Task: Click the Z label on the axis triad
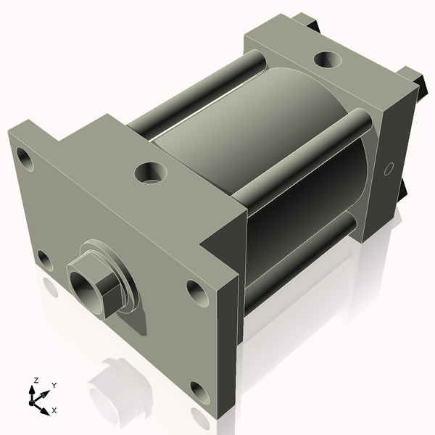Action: (36, 380)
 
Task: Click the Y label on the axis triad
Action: (54, 386)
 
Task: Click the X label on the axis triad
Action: (54, 410)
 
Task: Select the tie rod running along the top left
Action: (188, 94)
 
